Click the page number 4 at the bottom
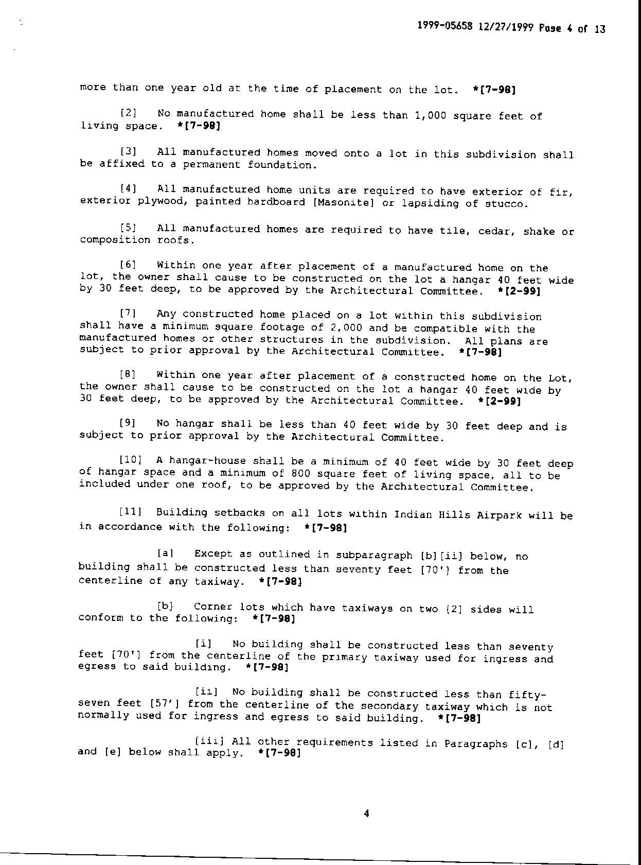[366, 814]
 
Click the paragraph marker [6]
[128, 265]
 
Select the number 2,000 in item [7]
[346, 328]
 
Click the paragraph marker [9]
[128, 423]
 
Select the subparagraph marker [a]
[166, 553]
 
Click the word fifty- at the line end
[527, 695]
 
